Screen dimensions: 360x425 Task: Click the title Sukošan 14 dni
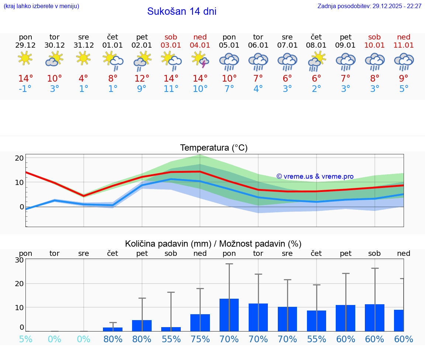pyautogui.click(x=182, y=11)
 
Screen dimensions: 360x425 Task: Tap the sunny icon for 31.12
pyautogui.click(x=83, y=58)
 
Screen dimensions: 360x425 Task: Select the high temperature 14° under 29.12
pyautogui.click(x=25, y=79)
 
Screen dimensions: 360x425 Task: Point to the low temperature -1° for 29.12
pyautogui.click(x=25, y=89)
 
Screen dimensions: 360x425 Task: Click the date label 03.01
pyautogui.click(x=171, y=45)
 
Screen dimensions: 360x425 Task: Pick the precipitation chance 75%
pyautogui.click(x=200, y=339)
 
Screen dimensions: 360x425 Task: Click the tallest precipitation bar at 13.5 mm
pyautogui.click(x=229, y=315)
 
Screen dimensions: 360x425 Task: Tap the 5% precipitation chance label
pyautogui.click(x=25, y=339)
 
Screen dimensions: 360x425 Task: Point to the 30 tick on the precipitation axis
pyautogui.click(x=19, y=260)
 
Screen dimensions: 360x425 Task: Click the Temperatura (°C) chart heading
pyautogui.click(x=214, y=148)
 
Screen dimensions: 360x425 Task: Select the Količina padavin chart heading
pyautogui.click(x=213, y=244)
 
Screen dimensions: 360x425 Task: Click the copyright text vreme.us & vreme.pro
pyautogui.click(x=315, y=176)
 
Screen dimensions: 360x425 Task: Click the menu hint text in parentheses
pyautogui.click(x=41, y=6)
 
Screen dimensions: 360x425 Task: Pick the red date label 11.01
pyautogui.click(x=404, y=45)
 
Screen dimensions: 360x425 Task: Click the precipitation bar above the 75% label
pyautogui.click(x=200, y=323)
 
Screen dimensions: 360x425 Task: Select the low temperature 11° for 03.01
pyautogui.click(x=171, y=89)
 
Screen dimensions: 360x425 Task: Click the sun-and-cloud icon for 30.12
pyautogui.click(x=55, y=59)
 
